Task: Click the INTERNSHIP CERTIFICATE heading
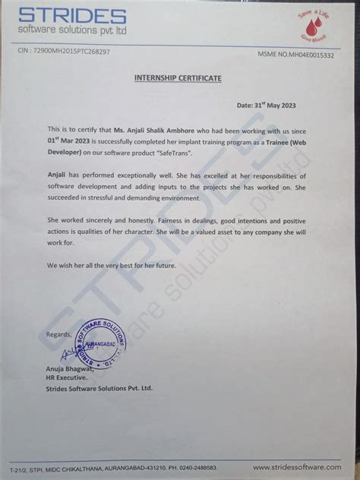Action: point(178,78)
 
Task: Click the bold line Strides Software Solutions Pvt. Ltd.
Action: point(99,388)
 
